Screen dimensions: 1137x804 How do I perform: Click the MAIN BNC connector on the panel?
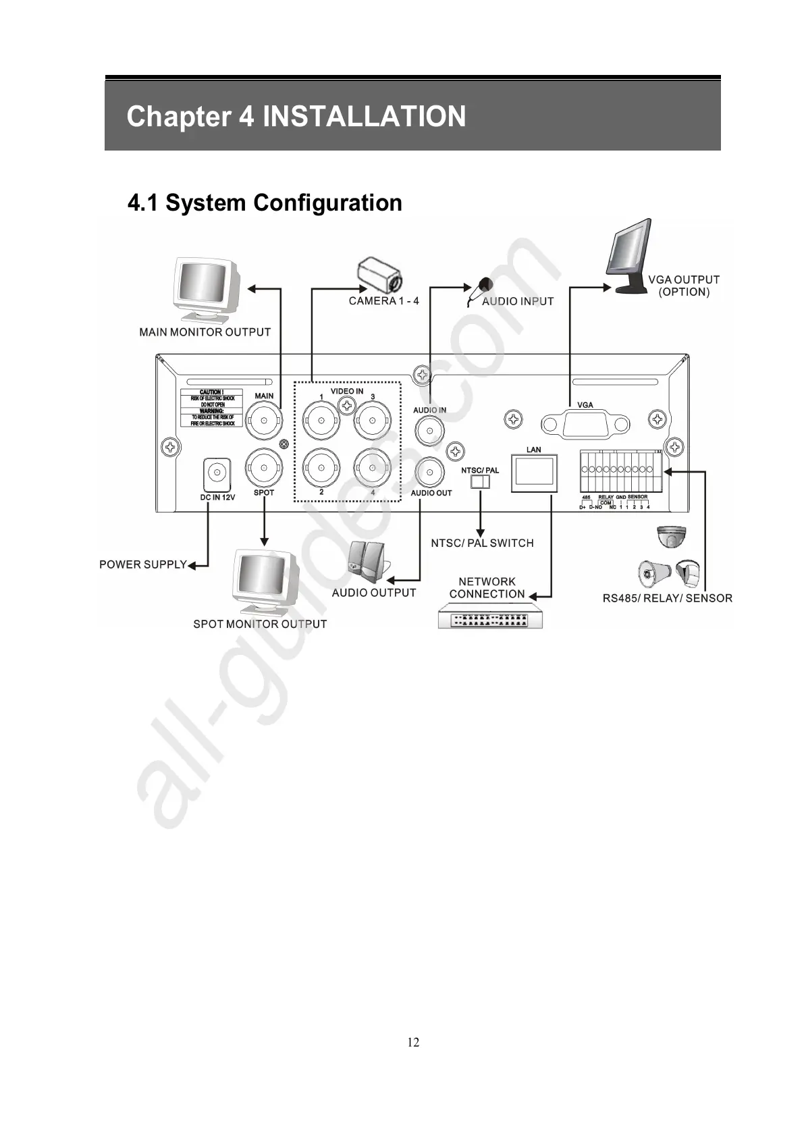(x=263, y=422)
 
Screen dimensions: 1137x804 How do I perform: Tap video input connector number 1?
(x=320, y=423)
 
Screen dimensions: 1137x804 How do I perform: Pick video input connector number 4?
(x=372, y=467)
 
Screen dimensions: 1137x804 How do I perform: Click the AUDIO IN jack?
(x=429, y=429)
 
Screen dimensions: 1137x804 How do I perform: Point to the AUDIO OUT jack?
(x=430, y=471)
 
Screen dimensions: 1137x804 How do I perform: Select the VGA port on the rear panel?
(x=585, y=425)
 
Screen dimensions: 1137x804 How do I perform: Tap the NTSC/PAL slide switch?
(x=479, y=481)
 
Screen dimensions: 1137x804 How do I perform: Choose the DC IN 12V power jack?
(x=217, y=474)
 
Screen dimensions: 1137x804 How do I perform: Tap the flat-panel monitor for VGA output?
(x=628, y=257)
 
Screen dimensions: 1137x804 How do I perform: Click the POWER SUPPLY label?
(x=142, y=564)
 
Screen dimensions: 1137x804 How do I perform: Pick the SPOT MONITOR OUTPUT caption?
(x=260, y=625)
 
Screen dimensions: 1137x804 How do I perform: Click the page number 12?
(x=413, y=1042)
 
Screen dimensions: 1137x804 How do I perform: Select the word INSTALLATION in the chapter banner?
(x=364, y=116)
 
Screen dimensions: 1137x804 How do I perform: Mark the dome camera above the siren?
(x=671, y=537)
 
